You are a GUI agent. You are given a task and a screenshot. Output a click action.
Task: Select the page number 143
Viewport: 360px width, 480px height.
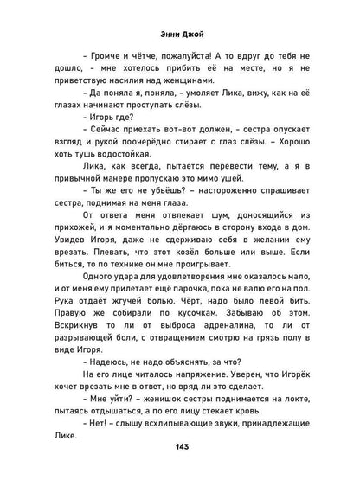pos(179,457)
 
